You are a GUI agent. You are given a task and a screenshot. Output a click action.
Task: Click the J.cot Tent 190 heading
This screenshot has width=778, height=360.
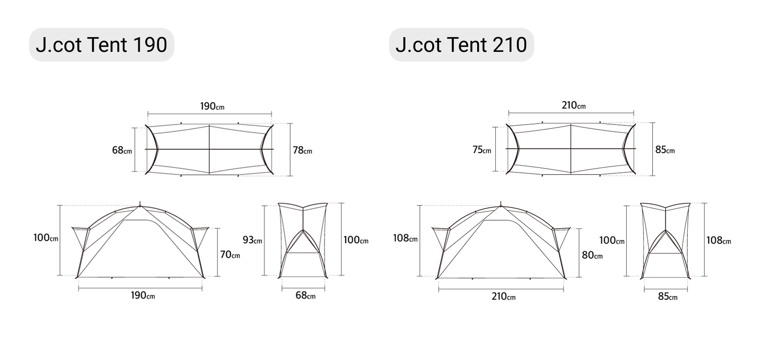(x=101, y=45)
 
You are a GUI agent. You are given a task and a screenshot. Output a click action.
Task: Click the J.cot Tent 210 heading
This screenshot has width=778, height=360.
(x=461, y=45)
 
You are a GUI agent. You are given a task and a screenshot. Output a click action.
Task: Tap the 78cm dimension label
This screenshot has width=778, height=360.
(x=302, y=150)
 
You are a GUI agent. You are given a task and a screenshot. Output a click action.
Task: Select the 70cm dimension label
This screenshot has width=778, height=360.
(x=230, y=255)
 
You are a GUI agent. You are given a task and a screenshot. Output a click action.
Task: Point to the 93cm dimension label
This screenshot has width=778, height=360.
(x=252, y=240)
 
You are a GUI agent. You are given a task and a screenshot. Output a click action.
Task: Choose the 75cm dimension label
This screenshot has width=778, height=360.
(x=481, y=150)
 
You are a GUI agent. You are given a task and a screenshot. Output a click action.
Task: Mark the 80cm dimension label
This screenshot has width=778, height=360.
(x=592, y=255)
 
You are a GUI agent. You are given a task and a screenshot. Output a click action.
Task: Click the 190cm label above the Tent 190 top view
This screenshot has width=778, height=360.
(x=212, y=106)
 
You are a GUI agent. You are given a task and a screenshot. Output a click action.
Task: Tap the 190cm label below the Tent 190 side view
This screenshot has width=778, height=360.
(x=143, y=296)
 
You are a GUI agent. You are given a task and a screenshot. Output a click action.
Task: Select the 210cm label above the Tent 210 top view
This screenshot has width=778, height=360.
(x=574, y=105)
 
